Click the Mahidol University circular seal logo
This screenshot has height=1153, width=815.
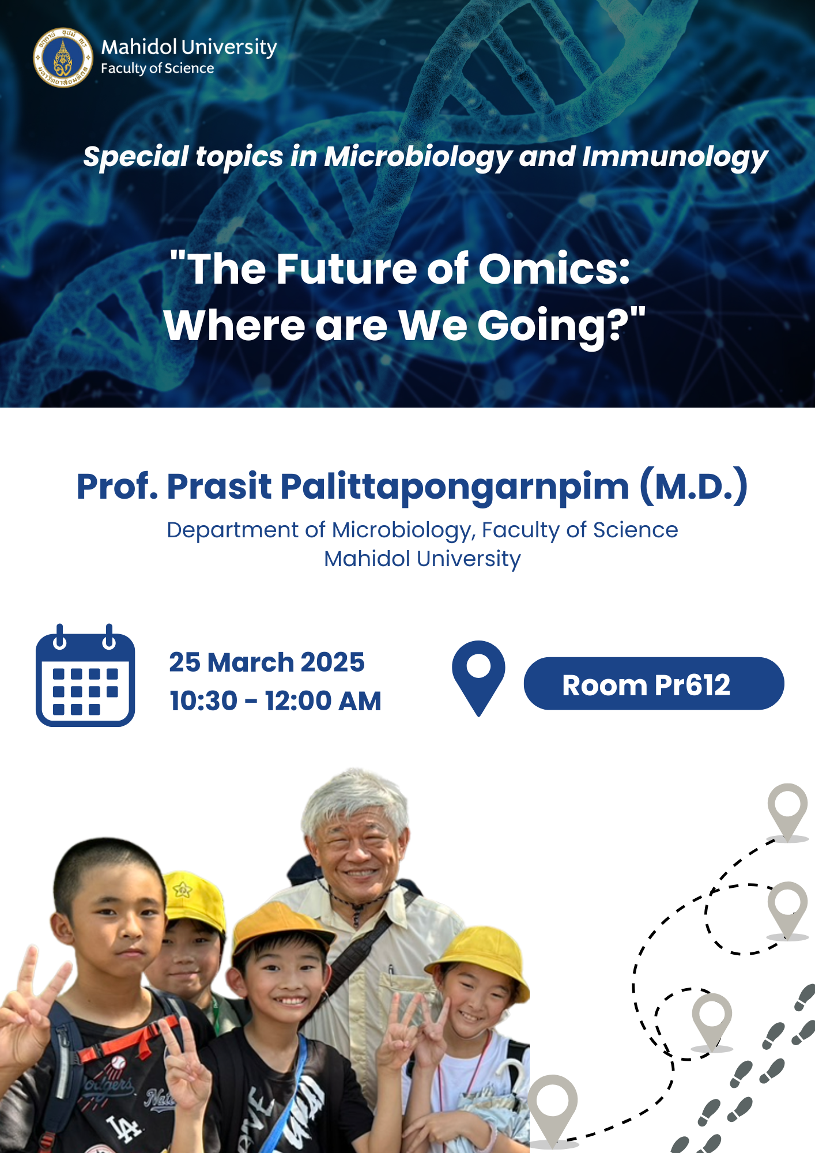[63, 58]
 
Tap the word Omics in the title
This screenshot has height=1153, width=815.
[554, 269]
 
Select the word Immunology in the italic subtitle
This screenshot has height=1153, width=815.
[675, 157]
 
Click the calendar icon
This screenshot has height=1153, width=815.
[85, 675]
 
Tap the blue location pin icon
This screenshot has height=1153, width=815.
[478, 679]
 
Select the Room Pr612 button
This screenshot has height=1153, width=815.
[654, 684]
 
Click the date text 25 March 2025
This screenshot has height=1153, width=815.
[267, 662]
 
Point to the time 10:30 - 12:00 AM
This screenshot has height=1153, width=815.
[276, 701]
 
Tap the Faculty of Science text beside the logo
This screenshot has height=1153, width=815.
[157, 69]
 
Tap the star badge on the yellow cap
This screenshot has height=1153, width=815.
[183, 890]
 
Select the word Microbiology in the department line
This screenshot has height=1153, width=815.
[401, 530]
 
